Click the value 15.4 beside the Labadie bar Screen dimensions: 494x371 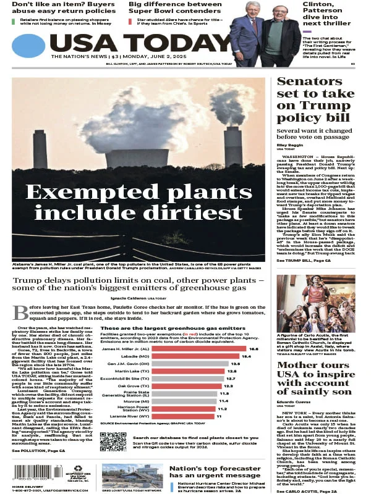(245, 356)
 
